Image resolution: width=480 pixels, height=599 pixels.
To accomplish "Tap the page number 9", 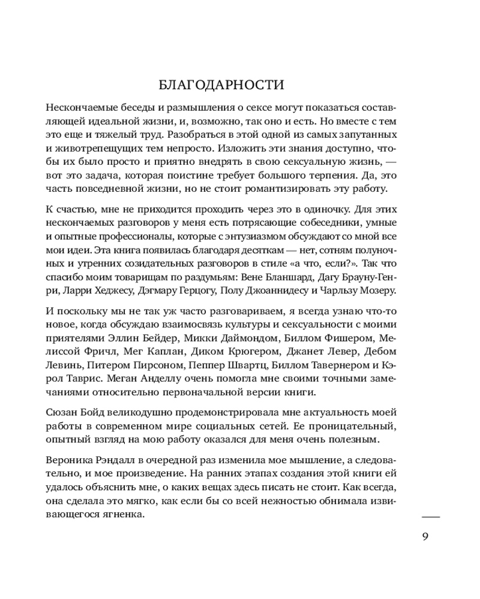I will pos(425,536).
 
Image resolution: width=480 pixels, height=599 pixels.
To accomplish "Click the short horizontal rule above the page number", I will pos(431,516).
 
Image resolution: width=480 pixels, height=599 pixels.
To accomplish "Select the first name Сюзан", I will pos(61,413).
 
